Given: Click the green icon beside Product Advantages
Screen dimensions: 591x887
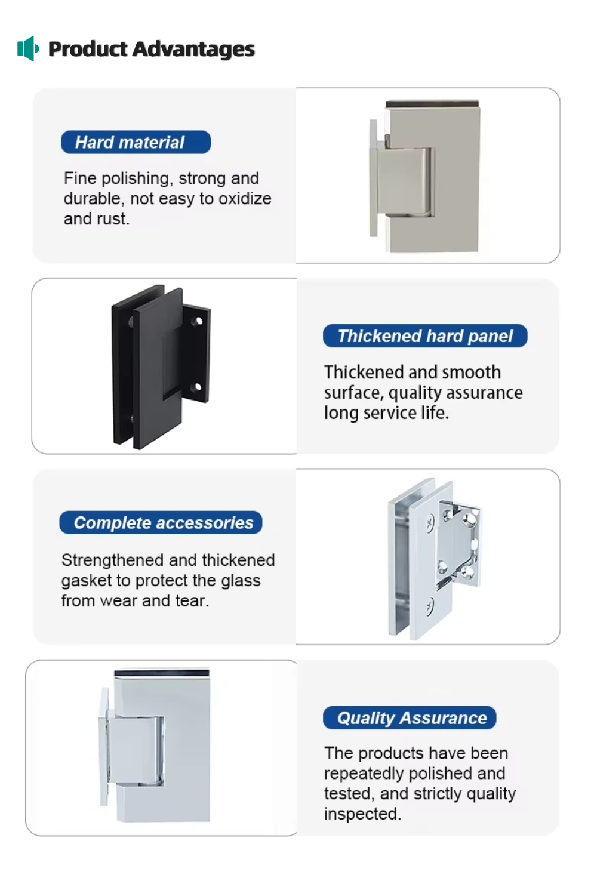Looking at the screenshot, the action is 27,48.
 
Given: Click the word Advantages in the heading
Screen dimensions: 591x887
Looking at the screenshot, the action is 193,49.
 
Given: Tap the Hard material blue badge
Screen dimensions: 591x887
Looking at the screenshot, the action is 136,142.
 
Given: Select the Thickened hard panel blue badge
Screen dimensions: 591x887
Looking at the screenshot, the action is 425,336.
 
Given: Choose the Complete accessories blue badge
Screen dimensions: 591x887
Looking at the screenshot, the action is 161,522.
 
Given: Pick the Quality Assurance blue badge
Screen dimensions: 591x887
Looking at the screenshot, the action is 410,717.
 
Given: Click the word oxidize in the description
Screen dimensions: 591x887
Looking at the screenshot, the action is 245,198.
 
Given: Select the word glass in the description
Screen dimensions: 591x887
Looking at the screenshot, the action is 241,580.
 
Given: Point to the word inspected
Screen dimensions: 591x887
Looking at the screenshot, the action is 363,814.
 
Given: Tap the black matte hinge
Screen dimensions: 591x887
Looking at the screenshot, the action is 161,367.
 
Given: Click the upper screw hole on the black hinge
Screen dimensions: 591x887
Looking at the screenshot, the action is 197,321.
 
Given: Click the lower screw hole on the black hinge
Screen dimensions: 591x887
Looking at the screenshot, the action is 197,386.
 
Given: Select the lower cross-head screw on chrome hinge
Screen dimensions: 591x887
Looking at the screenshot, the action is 430,606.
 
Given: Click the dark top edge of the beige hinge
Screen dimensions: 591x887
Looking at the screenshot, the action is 432,104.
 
